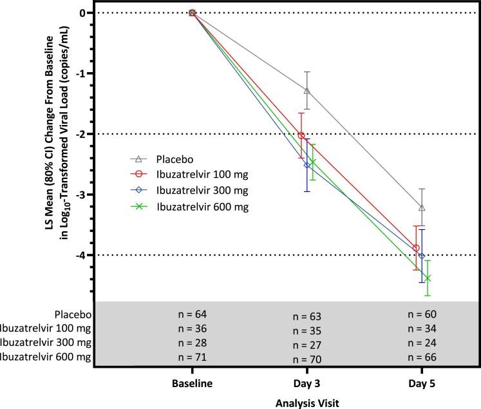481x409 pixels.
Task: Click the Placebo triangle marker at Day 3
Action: pyautogui.click(x=307, y=90)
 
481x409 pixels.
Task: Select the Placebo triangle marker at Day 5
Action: pyautogui.click(x=422, y=207)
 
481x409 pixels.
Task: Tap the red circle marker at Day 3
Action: pyautogui.click(x=301, y=135)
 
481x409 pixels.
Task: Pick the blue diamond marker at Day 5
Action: pyautogui.click(x=422, y=256)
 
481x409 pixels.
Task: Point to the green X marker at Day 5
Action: pyautogui.click(x=428, y=278)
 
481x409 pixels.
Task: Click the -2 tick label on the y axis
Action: pyautogui.click(x=82, y=134)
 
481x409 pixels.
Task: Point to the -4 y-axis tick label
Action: pyautogui.click(x=82, y=255)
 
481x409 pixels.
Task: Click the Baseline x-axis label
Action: pyautogui.click(x=192, y=381)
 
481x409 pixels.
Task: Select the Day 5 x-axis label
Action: pyautogui.click(x=422, y=381)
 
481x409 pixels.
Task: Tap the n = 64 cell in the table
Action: pyautogui.click(x=192, y=314)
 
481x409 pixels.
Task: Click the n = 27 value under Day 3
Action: pyautogui.click(x=307, y=345)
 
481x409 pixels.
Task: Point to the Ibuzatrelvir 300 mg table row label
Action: pyautogui.click(x=46, y=342)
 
